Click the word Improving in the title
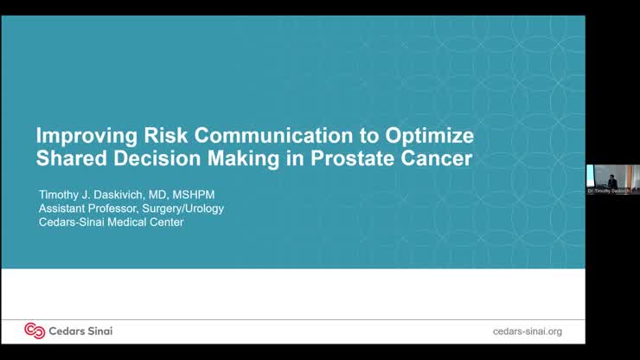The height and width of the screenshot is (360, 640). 81,138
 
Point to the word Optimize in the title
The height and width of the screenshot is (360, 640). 432,138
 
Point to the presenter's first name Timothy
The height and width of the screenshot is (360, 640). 61,194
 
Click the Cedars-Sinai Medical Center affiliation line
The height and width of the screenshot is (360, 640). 111,222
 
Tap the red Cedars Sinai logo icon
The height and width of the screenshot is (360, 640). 35,331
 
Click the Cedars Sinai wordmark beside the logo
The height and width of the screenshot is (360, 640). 80,331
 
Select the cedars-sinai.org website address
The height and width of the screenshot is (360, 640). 527,331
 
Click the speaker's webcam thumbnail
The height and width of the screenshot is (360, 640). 612,177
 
